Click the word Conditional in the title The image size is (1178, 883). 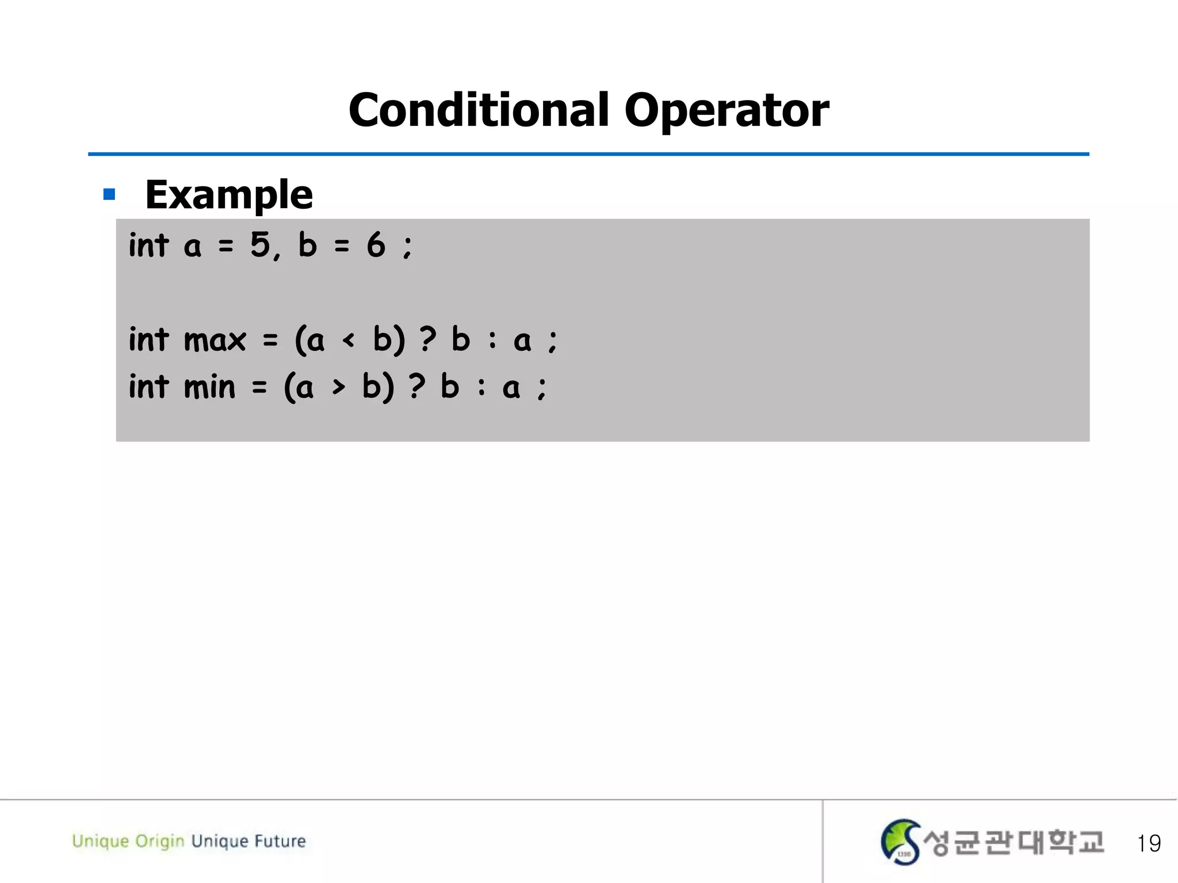click(x=479, y=110)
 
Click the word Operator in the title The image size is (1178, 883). click(x=726, y=110)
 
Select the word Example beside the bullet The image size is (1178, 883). click(x=229, y=194)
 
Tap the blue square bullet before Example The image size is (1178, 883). click(x=109, y=194)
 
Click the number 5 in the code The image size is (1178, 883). click(x=260, y=244)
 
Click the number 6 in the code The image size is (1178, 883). click(x=376, y=244)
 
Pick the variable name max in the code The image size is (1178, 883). click(x=215, y=340)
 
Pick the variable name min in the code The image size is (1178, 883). click(x=209, y=386)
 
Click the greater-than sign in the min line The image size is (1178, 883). click(x=338, y=387)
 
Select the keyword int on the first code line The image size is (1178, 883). click(x=148, y=245)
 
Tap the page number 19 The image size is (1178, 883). click(x=1148, y=843)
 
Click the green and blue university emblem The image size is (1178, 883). click(x=900, y=842)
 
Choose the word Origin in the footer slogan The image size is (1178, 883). click(x=159, y=841)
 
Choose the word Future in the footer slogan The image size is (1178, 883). click(x=280, y=841)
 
